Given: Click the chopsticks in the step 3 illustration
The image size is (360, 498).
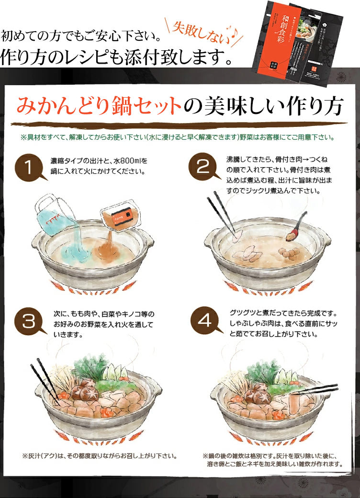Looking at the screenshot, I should pos(44,378).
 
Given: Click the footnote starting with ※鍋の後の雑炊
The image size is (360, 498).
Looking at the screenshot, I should pos(272,460).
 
